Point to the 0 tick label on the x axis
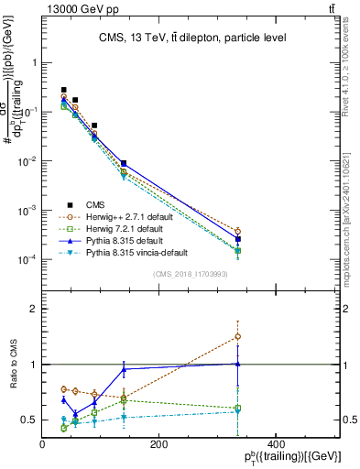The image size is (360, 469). coord(43,444)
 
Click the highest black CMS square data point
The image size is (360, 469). coord(63,90)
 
